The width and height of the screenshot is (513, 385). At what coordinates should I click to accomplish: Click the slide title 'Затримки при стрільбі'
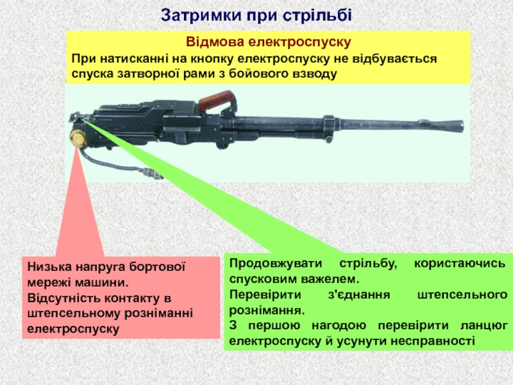[x=256, y=13]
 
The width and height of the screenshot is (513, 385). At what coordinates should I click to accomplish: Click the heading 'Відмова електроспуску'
[x=269, y=43]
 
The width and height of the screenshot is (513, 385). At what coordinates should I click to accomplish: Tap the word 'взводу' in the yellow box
[x=313, y=74]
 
